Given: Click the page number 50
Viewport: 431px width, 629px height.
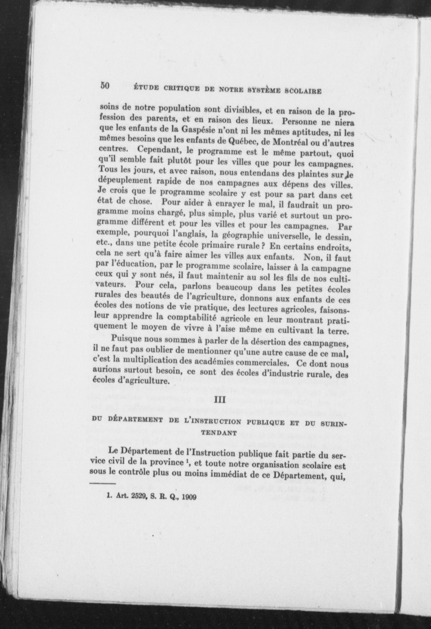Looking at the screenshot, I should pos(105,86).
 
